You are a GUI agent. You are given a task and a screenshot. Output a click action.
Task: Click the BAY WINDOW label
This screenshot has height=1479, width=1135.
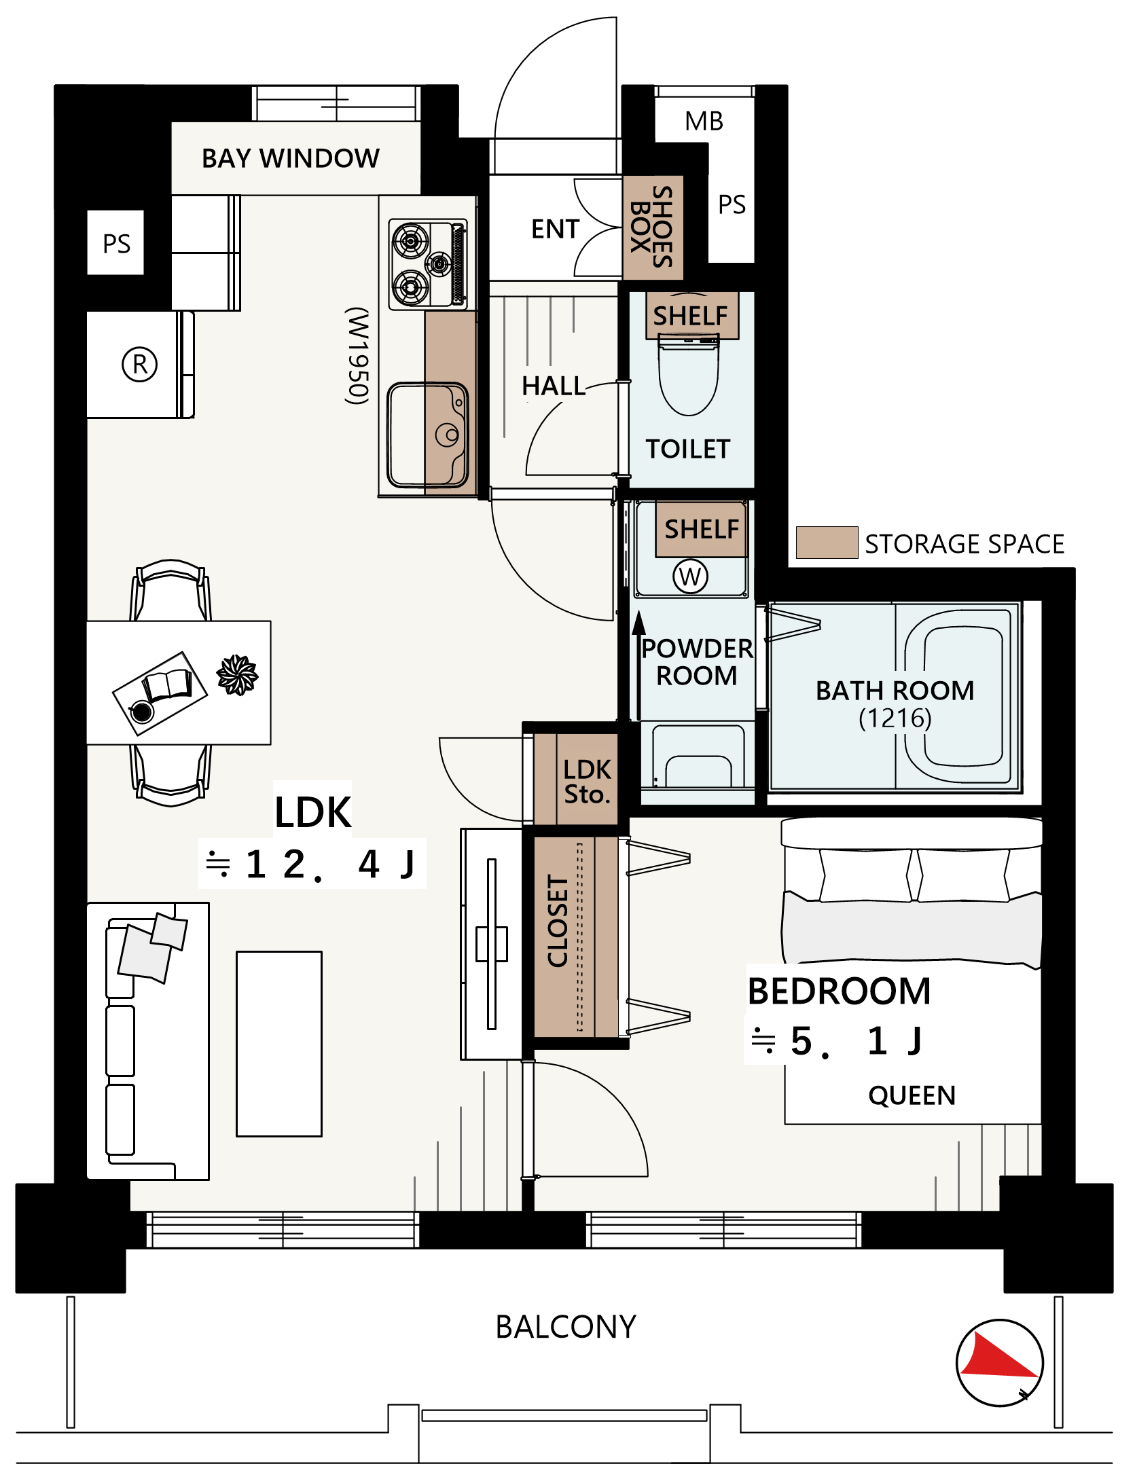pos(291,158)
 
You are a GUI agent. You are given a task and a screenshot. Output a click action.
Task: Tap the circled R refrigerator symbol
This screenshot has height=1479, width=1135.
pos(139,365)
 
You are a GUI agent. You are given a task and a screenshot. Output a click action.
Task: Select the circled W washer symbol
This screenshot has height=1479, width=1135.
pos(690,577)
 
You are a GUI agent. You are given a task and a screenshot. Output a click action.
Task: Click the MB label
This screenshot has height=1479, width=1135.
pos(704,122)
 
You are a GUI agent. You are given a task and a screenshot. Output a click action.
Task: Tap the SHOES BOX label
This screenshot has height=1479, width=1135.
pos(651,227)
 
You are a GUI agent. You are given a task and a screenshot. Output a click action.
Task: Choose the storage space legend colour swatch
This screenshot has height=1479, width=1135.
pos(827,543)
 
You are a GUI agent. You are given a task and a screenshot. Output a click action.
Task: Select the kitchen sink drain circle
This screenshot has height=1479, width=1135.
pos(447,435)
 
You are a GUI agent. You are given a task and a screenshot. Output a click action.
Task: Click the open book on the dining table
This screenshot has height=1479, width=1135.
pos(167,686)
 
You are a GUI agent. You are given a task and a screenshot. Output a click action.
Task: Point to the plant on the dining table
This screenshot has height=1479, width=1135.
pos(237,675)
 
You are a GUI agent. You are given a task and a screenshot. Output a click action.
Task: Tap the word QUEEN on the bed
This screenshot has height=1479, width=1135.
pos(912,1095)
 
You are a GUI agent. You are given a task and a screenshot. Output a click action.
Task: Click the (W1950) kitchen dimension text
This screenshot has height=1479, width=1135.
pos(358,356)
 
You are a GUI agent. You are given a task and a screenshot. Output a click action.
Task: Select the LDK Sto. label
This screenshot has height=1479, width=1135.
pos(588,782)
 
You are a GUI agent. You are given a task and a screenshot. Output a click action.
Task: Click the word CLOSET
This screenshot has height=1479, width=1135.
pos(558,921)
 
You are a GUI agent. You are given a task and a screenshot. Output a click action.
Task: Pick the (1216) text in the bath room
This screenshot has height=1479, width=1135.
pos(895,718)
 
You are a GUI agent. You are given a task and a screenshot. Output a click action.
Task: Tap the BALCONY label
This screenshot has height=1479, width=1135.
pos(566,1327)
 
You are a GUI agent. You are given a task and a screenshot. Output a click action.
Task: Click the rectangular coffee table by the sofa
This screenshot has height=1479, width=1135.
pos(279,1044)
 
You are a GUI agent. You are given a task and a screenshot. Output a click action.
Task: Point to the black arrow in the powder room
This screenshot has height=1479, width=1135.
pos(638,665)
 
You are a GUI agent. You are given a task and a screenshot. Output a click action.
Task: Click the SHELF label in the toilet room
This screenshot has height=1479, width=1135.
pos(690,316)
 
